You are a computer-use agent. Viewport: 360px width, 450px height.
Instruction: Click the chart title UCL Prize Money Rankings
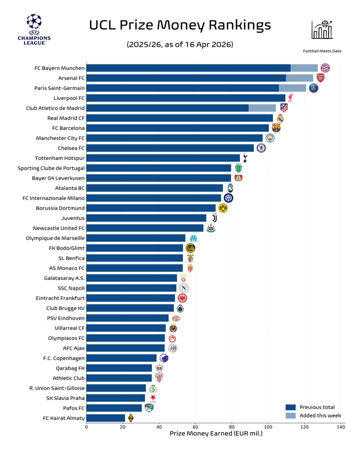180,25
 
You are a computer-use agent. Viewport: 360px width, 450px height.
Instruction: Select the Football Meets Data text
322,51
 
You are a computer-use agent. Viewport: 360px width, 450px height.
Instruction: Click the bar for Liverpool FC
185,98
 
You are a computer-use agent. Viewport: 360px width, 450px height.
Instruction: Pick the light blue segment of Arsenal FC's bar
299,78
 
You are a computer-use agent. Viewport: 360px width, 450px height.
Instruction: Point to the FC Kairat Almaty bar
105,418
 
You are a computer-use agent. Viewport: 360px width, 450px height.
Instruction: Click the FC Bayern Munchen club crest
325,68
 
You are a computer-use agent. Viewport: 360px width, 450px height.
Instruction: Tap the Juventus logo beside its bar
214,218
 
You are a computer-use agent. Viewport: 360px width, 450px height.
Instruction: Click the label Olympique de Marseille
55,238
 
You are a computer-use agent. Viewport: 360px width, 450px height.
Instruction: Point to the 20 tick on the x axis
122,427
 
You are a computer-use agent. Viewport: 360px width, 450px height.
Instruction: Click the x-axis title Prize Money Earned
216,433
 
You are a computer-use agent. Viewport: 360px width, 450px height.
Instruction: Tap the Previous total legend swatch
290,407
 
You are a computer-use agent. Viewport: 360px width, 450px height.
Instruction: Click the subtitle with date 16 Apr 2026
180,44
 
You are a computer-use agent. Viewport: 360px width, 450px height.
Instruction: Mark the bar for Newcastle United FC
144,228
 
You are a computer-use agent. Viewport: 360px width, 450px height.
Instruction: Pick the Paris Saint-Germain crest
313,88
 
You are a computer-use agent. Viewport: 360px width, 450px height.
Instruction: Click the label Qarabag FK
70,368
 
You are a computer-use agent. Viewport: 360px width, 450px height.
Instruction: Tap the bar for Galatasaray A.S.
131,278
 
